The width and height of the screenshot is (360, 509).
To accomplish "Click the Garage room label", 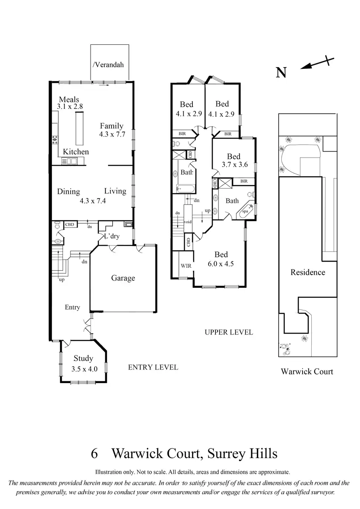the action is click(x=123, y=278).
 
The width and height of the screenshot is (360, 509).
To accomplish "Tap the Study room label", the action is click(x=83, y=359).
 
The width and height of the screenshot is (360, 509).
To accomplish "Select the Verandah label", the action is click(x=108, y=65).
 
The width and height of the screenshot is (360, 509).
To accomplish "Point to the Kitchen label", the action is click(x=76, y=152).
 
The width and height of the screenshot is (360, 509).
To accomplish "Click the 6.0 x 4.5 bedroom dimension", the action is click(x=221, y=263).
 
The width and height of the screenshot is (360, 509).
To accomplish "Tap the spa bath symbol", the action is click(x=245, y=210).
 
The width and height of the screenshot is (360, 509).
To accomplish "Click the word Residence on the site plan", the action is click(x=308, y=273).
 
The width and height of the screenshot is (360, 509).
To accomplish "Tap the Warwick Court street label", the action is click(x=307, y=371).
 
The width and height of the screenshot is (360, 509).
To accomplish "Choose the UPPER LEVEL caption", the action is click(x=229, y=332).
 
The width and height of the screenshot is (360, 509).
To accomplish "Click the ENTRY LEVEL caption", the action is click(x=153, y=367).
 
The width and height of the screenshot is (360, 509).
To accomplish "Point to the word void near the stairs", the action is click(x=188, y=222).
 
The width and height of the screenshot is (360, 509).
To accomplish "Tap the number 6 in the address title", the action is click(x=94, y=454).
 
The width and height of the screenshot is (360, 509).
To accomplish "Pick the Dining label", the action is click(x=69, y=192).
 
